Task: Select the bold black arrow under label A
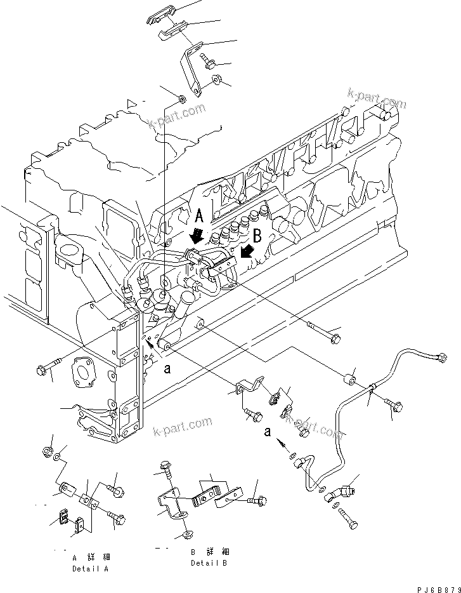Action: (x=197, y=237)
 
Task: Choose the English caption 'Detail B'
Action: (x=209, y=563)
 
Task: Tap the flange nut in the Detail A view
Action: (x=48, y=451)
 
